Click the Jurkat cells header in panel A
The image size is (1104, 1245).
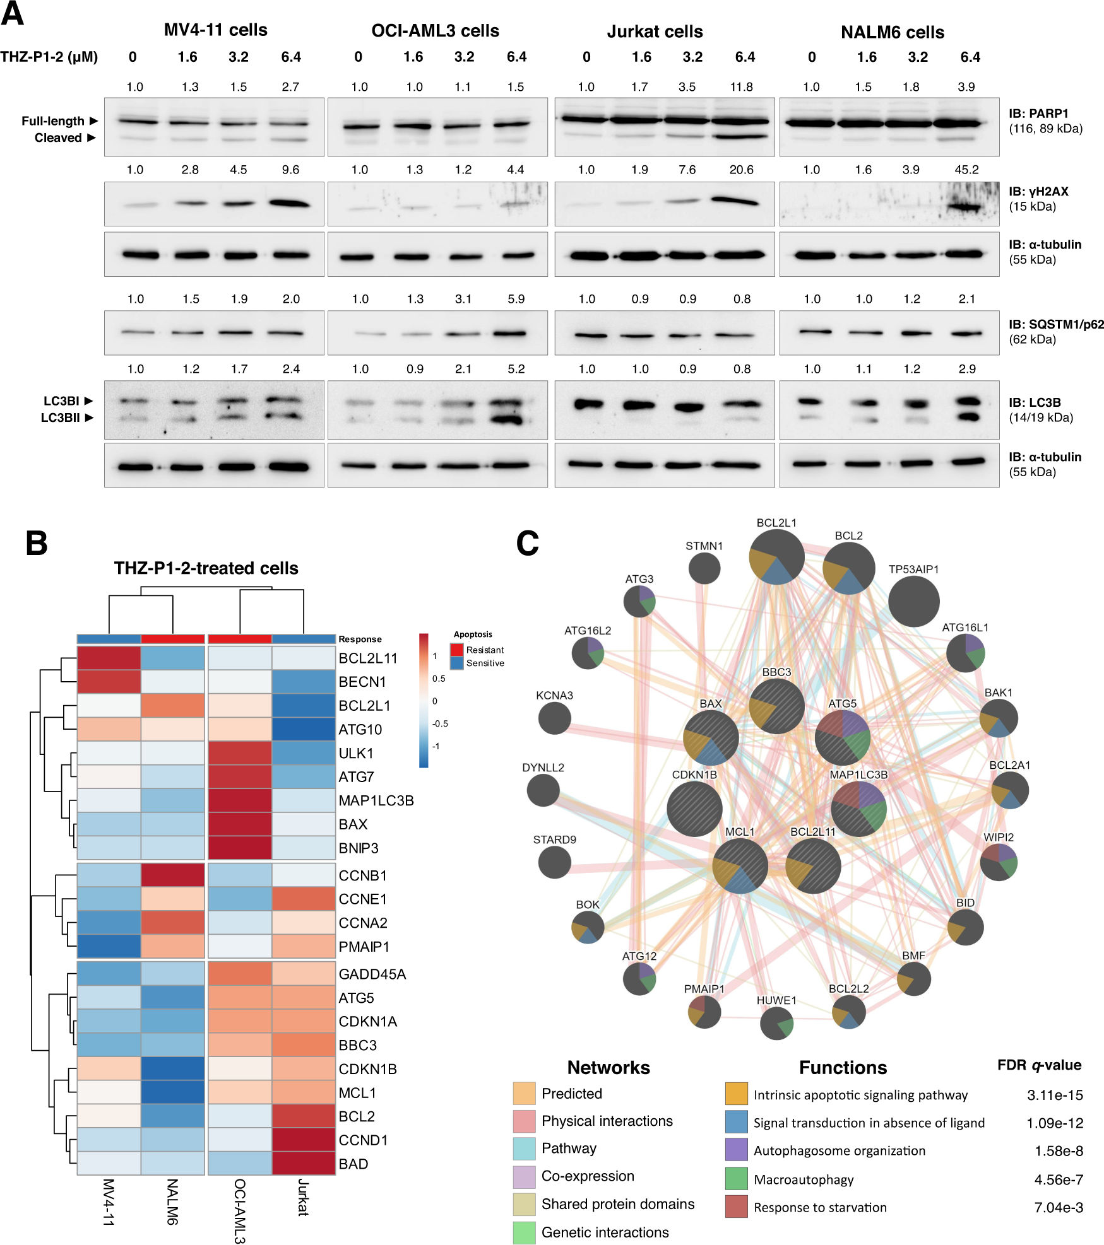point(655,32)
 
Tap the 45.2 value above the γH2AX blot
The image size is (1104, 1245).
point(966,170)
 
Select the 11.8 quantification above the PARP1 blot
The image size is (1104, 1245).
point(741,87)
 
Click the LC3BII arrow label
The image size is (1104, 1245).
point(67,418)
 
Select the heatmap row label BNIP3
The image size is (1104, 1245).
point(359,848)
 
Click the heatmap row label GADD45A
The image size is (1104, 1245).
point(372,974)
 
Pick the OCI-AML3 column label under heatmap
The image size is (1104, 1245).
point(240,1211)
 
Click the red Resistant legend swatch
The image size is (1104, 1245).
point(457,650)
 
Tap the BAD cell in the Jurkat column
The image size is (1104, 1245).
point(304,1164)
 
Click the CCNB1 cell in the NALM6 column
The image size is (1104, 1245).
point(173,875)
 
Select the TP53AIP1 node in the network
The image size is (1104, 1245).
point(913,602)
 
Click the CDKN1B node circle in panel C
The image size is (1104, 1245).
point(694,809)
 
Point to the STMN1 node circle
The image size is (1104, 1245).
point(704,568)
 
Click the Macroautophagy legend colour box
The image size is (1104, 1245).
point(736,1179)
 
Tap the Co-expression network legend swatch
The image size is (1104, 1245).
point(524,1176)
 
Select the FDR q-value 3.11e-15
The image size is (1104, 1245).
point(1055,1095)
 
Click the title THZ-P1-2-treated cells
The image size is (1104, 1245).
point(206,568)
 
